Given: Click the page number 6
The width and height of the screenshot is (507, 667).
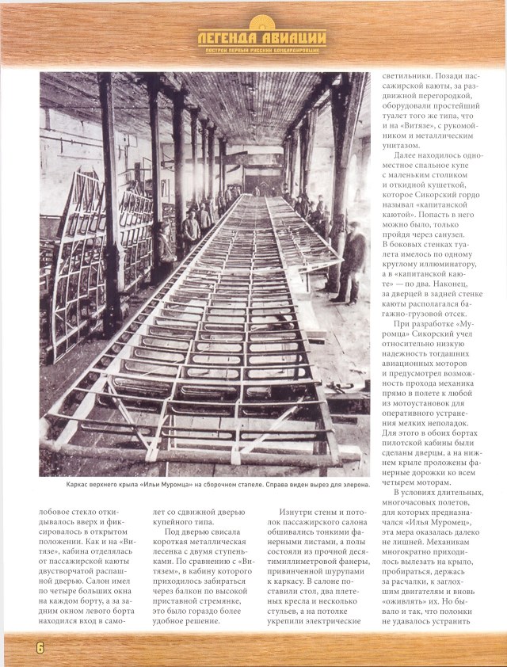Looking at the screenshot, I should pyautogui.click(x=38, y=647).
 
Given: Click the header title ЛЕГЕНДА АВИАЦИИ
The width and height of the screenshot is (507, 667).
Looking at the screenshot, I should pyautogui.click(x=262, y=36).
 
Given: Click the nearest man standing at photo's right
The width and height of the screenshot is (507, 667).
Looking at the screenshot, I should pyautogui.click(x=353, y=261).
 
